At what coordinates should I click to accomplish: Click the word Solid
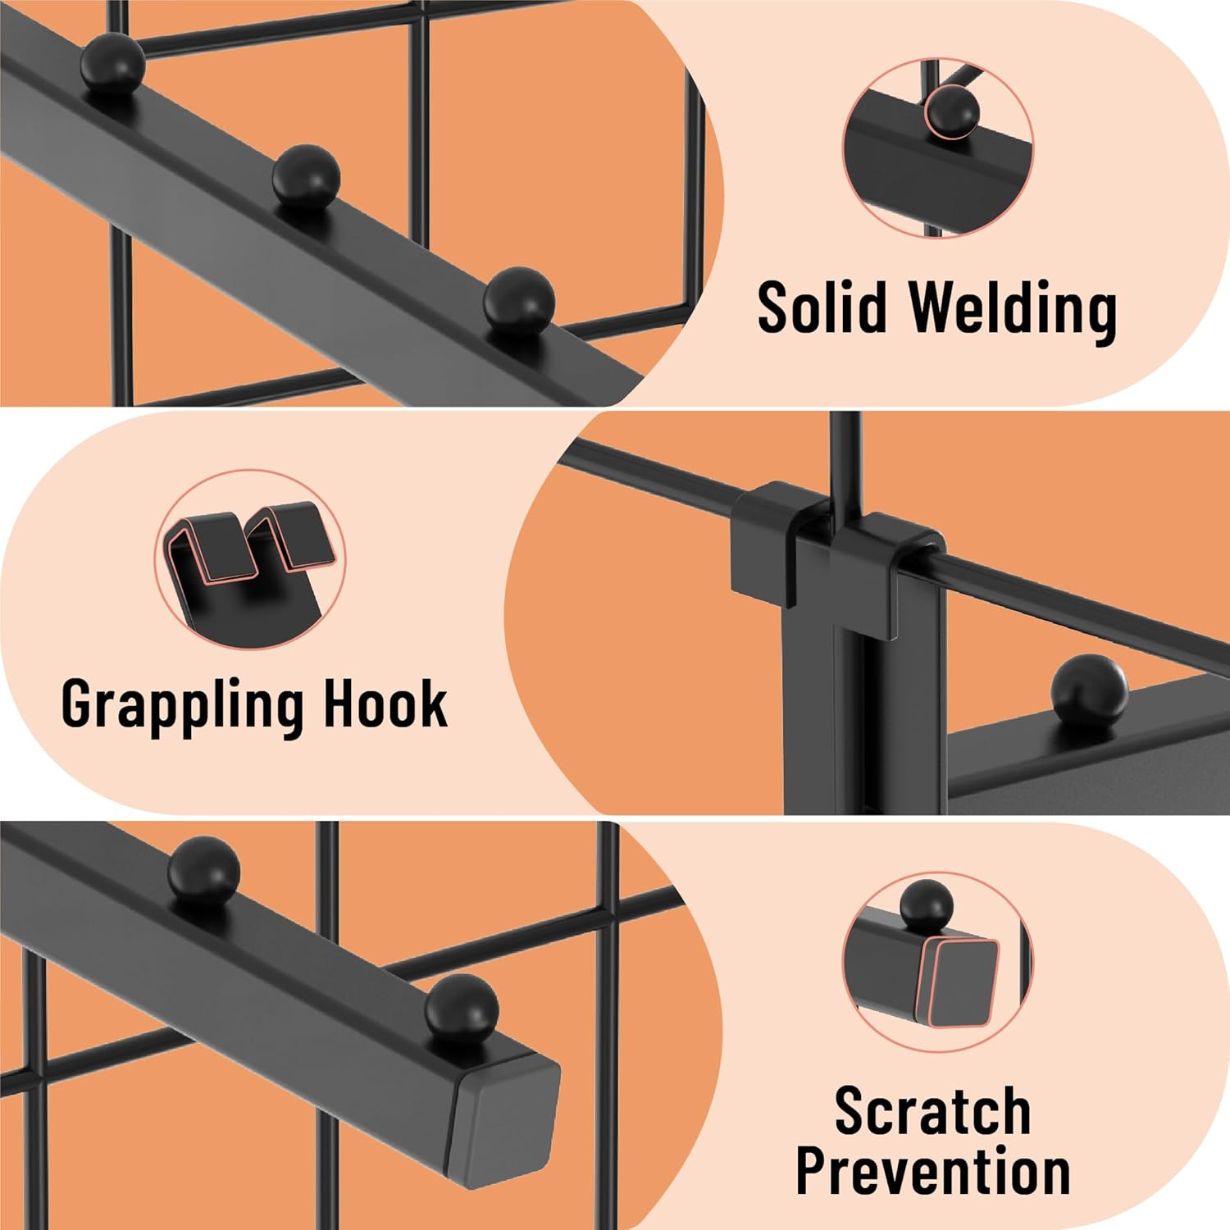[822, 307]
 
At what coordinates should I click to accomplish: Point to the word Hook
[385, 704]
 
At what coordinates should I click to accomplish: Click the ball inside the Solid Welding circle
[951, 112]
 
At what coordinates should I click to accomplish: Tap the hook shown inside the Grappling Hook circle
[250, 545]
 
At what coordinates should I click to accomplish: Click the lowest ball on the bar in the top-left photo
[518, 301]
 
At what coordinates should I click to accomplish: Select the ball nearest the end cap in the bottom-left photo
[461, 1009]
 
